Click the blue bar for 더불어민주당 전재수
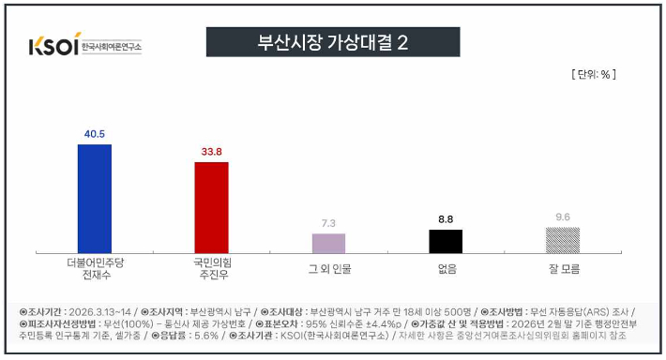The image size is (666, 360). (94, 199)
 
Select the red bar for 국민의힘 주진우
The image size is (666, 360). (212, 207)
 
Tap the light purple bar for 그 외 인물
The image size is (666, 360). (328, 243)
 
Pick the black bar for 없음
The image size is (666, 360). (446, 241)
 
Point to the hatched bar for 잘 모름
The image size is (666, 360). (563, 240)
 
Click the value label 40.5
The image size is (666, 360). (94, 134)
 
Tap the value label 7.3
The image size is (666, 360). (328, 223)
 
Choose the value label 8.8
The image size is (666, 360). (446, 219)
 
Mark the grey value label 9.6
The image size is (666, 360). (563, 217)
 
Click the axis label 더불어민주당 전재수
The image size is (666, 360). (95, 268)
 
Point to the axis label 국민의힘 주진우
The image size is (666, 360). (212, 268)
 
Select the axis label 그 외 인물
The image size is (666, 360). (328, 269)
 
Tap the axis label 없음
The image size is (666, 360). (446, 269)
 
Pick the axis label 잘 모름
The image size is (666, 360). (563, 269)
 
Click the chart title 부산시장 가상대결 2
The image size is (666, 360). (333, 42)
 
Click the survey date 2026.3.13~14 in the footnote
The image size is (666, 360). (98, 310)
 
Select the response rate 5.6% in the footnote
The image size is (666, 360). (208, 335)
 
